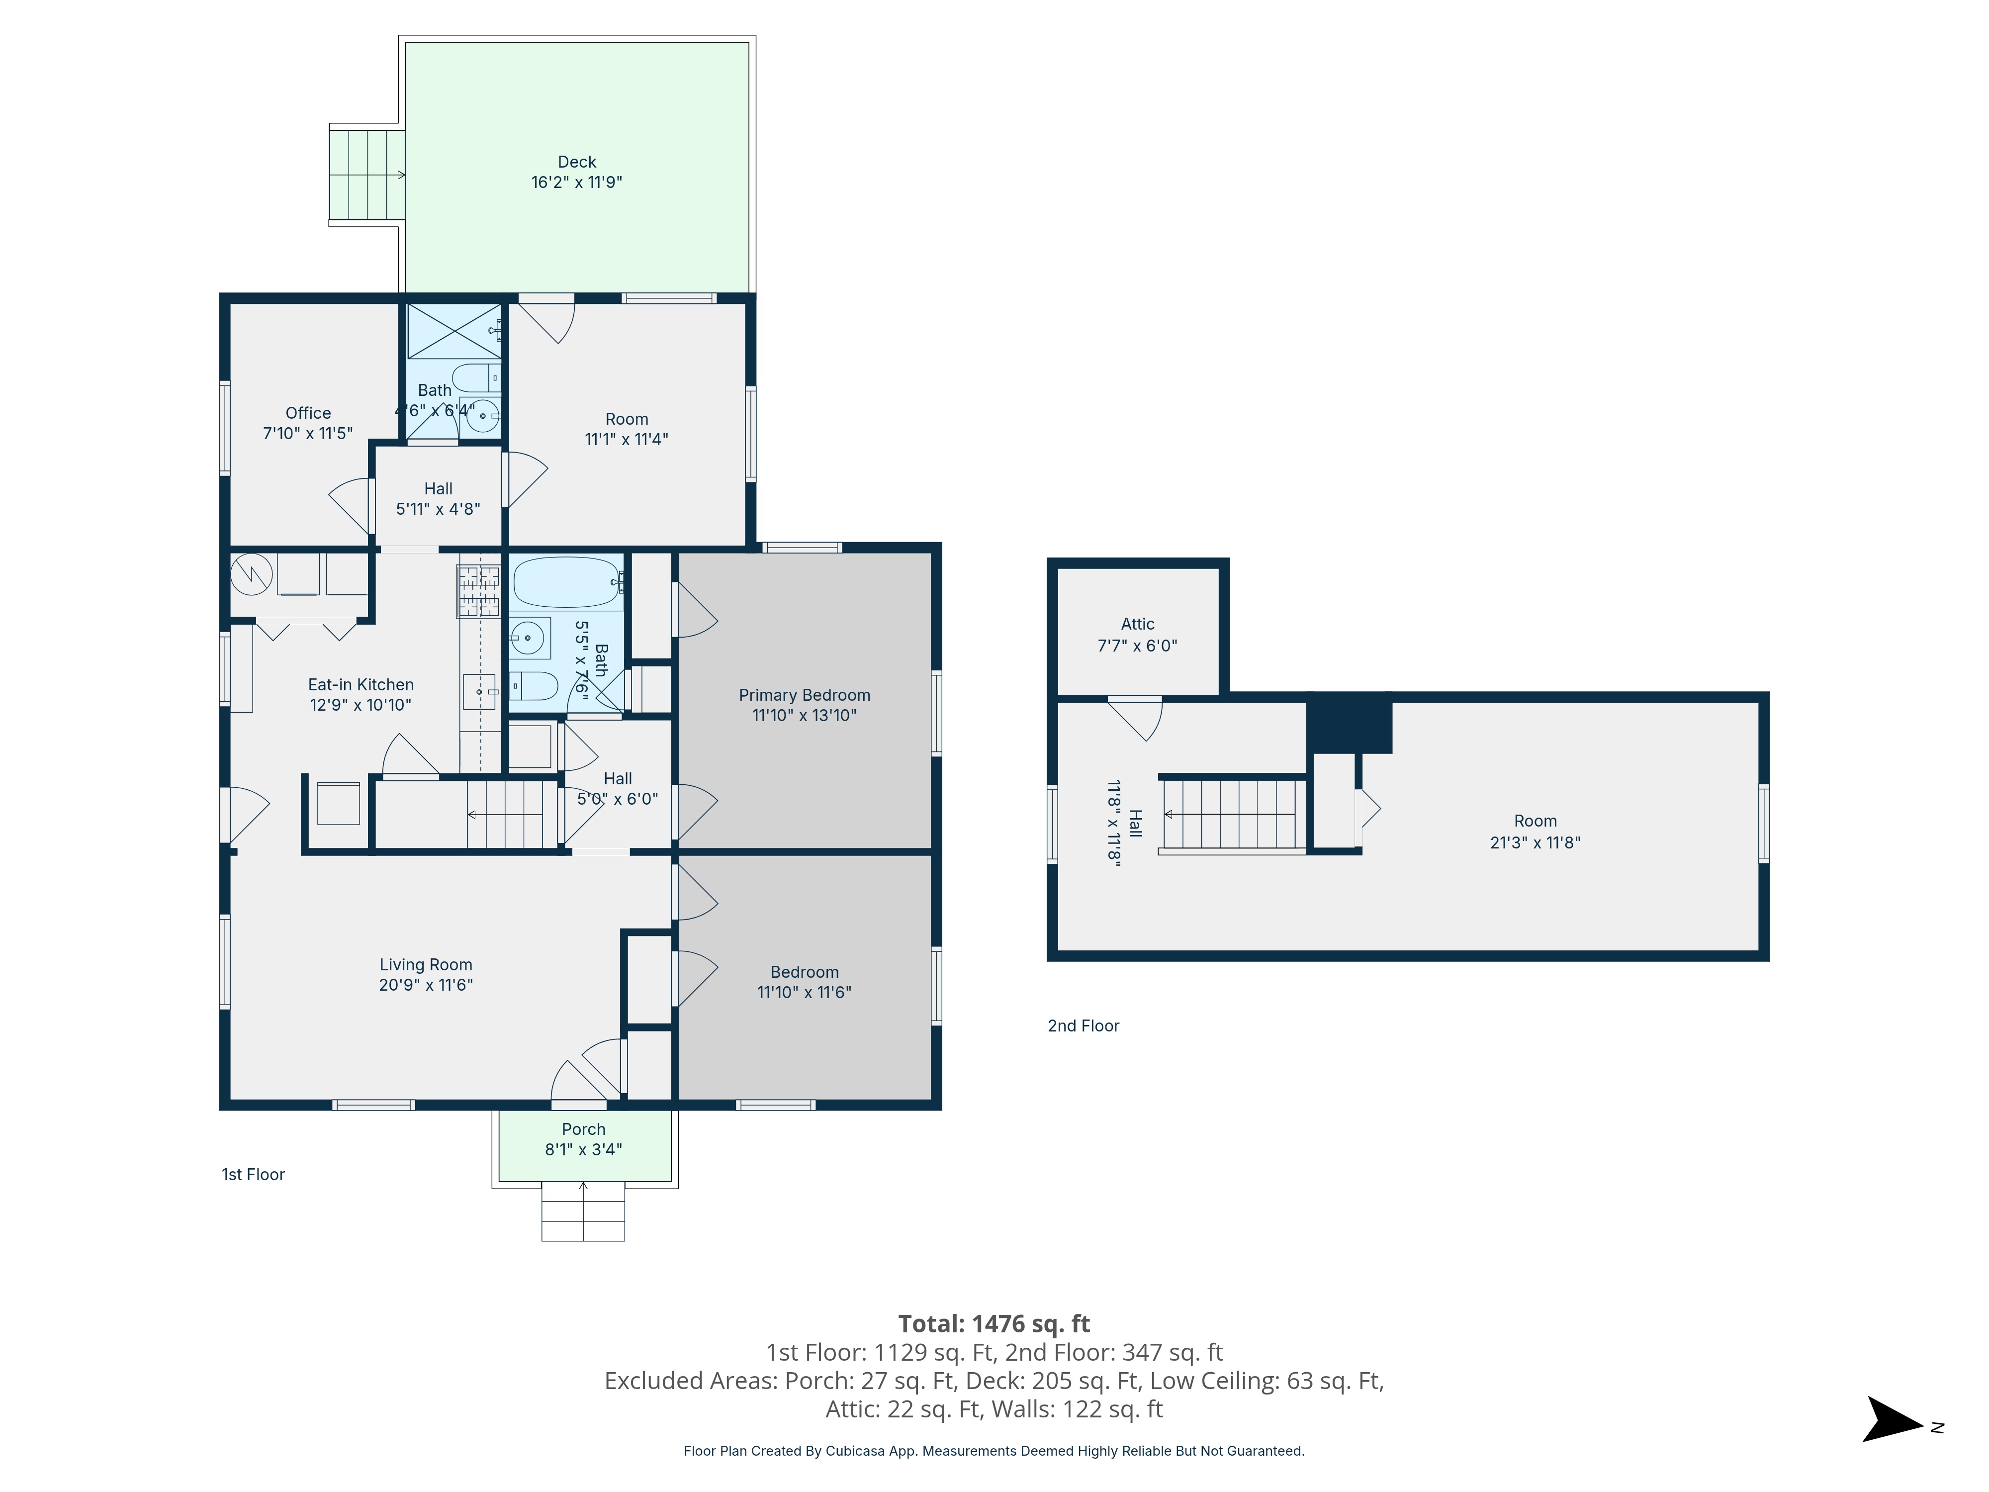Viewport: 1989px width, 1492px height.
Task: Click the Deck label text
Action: (576, 162)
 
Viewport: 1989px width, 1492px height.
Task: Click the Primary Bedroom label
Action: (804, 695)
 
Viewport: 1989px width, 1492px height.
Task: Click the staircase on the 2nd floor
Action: (1234, 815)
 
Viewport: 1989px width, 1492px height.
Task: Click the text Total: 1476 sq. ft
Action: (994, 1324)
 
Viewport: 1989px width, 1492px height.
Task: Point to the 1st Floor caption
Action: (253, 1175)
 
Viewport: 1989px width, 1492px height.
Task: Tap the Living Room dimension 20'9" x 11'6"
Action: (425, 985)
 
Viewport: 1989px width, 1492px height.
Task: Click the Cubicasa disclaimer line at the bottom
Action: (994, 1451)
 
